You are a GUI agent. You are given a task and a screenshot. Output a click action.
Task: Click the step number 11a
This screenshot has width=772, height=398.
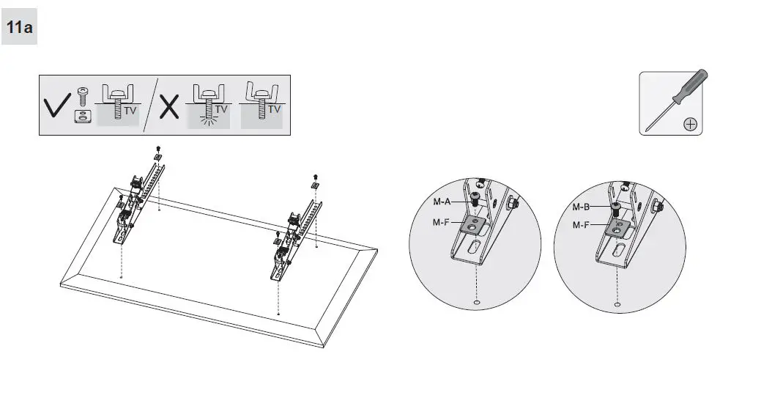pos(19,29)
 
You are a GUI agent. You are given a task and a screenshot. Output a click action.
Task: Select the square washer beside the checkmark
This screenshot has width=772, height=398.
pos(82,116)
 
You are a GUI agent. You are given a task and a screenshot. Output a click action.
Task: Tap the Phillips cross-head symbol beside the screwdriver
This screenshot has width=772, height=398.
pos(689,124)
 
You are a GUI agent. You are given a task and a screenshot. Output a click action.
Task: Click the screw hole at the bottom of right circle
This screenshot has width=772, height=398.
pos(618,304)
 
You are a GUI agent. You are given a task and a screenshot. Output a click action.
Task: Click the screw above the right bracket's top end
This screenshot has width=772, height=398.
pos(316,176)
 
